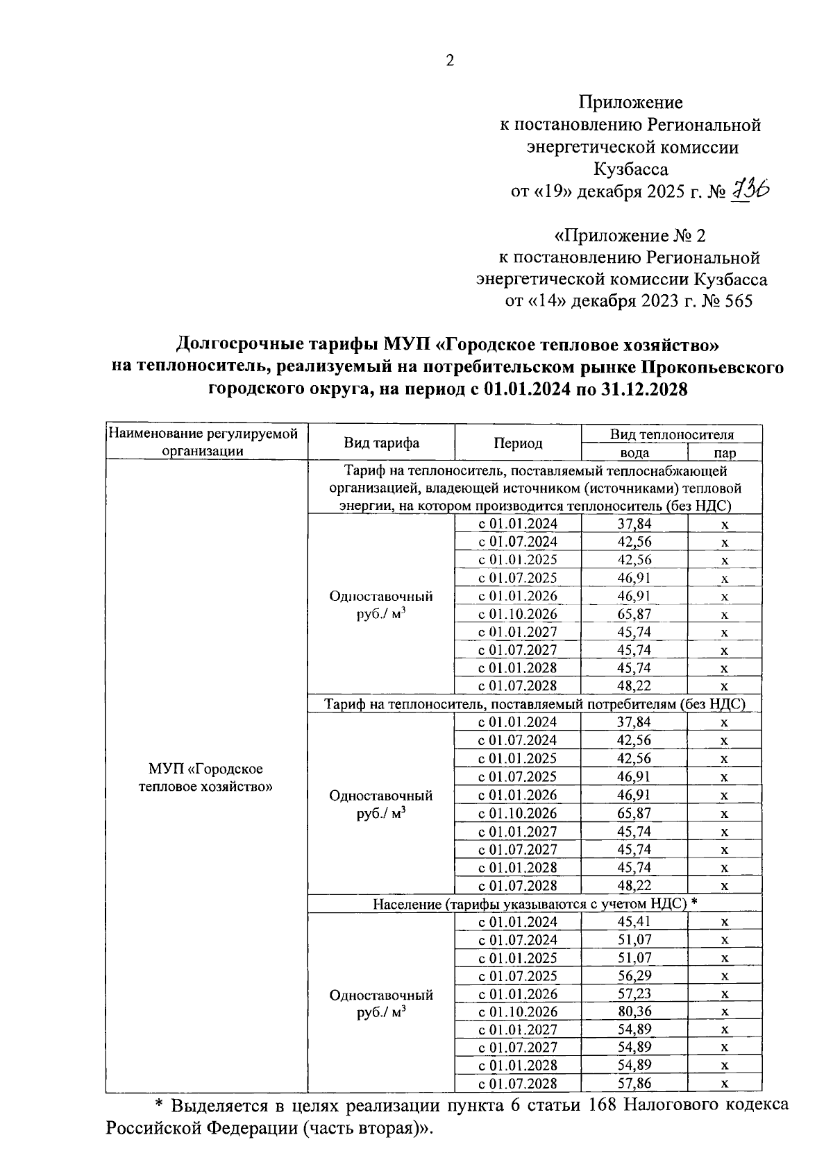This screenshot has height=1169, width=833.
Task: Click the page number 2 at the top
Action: pos(449,61)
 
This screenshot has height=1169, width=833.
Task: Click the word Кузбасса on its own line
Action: pos(631,169)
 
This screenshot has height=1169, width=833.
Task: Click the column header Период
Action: pos(518,443)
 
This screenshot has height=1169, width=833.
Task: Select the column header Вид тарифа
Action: pos(381,443)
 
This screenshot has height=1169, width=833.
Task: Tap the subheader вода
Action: pos(634,452)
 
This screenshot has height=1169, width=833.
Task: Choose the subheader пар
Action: pos(725,452)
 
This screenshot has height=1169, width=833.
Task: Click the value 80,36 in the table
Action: pos(634,1012)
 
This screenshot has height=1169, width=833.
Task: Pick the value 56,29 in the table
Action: pos(634,975)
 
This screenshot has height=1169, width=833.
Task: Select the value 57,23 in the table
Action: pos(634,993)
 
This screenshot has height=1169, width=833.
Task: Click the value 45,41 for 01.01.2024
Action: pos(634,921)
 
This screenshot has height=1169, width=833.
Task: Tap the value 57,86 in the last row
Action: pos(634,1084)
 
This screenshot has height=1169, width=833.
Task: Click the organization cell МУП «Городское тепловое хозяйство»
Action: pos(205,778)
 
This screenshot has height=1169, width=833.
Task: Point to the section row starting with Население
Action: pos(535,903)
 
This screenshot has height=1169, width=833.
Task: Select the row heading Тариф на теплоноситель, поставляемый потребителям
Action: pos(535,704)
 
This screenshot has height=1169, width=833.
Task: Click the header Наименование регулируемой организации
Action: pos(205,443)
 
